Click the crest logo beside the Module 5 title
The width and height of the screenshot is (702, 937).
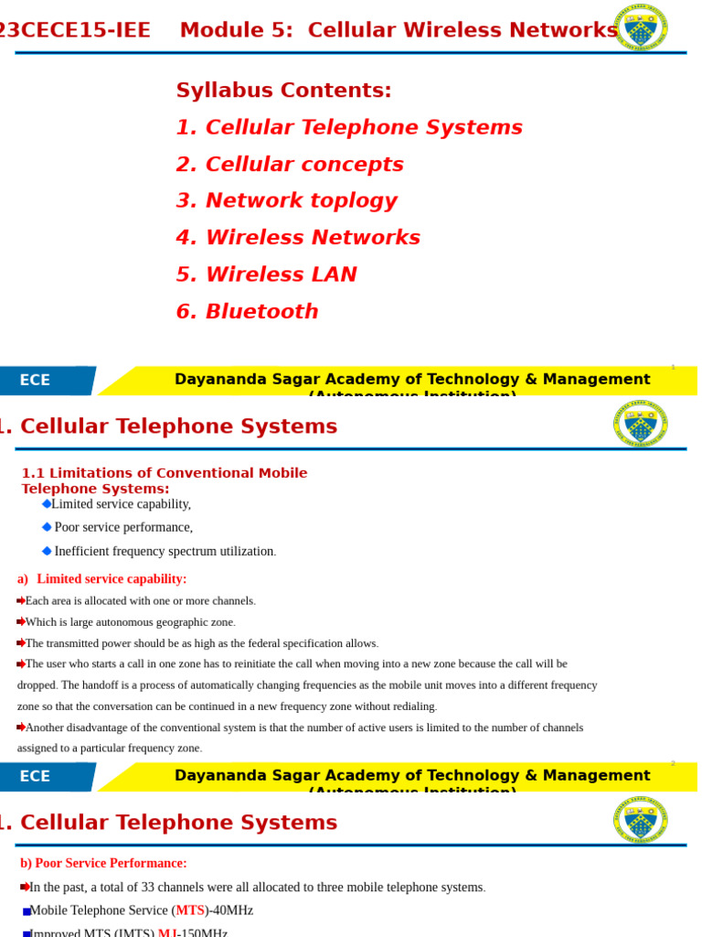click(640, 27)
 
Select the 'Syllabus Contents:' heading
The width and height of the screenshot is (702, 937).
click(283, 91)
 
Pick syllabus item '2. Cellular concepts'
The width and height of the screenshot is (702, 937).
click(290, 165)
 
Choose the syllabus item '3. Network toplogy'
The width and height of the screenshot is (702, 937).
click(286, 201)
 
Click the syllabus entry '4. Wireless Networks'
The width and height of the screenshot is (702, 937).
click(298, 238)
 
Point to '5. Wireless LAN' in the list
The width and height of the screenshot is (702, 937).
click(266, 275)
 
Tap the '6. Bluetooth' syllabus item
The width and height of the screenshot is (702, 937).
click(247, 312)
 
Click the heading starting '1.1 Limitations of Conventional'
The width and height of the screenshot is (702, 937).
click(165, 473)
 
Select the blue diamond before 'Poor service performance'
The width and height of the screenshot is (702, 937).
click(47, 527)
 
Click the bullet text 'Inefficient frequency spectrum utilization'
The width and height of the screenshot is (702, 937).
click(165, 552)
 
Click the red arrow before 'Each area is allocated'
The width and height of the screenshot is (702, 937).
click(21, 601)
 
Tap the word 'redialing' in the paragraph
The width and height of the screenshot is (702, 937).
click(413, 706)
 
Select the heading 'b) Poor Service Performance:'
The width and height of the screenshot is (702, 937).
click(103, 863)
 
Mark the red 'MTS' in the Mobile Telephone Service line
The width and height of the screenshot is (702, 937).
click(190, 910)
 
